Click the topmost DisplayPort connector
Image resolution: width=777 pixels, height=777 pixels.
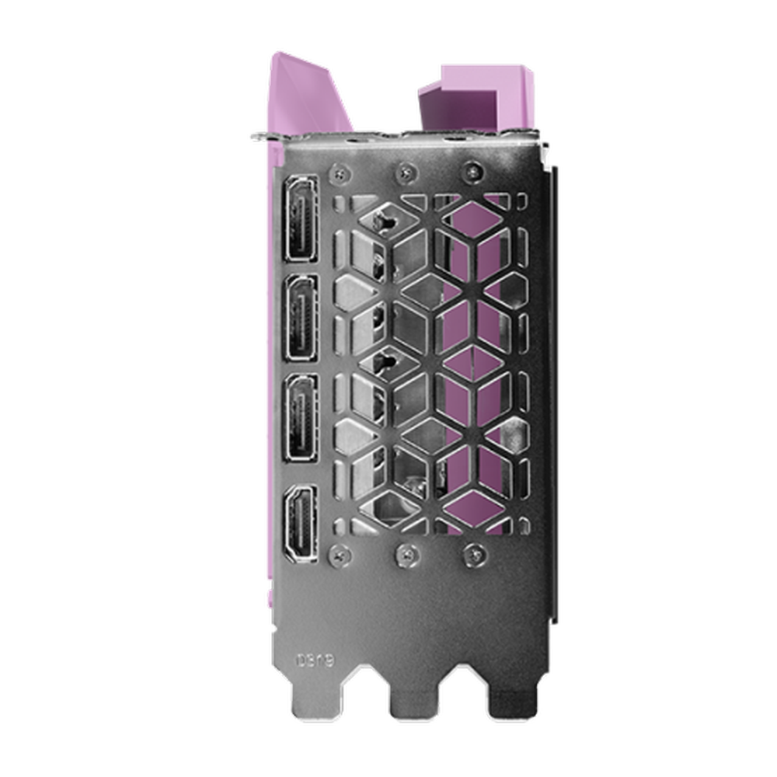click(x=301, y=218)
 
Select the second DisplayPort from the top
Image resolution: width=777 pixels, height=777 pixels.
click(x=301, y=317)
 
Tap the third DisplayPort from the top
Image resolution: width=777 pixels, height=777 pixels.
click(x=301, y=417)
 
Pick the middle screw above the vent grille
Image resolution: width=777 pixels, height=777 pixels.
click(x=405, y=171)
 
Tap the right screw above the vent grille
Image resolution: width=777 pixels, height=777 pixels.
click(x=471, y=171)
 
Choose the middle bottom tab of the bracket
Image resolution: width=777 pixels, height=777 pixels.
click(x=413, y=703)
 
